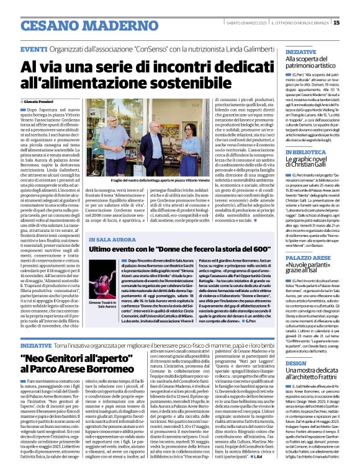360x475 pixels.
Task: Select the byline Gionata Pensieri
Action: [42, 100]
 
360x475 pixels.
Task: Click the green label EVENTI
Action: [34, 49]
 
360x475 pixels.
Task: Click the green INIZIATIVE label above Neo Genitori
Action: [36, 344]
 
